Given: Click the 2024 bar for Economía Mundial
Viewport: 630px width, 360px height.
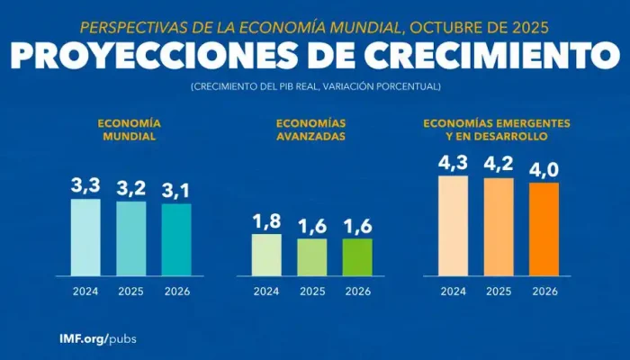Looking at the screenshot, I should tap(85, 237).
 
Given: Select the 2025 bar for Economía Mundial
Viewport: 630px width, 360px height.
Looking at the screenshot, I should tap(130, 238).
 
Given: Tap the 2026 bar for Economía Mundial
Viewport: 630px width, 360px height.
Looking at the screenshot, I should tap(176, 239).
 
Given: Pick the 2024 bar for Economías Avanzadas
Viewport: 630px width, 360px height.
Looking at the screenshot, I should tap(266, 255).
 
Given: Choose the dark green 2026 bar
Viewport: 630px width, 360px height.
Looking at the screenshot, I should tap(357, 256).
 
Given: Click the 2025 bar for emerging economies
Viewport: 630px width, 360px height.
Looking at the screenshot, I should tap(499, 226).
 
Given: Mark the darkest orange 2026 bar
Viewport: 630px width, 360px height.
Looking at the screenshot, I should tap(544, 229).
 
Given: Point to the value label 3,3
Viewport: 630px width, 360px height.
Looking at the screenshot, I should tap(85, 186).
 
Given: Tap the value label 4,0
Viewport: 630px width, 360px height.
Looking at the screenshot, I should tap(544, 169).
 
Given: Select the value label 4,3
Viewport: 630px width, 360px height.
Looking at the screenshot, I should tap(453, 164).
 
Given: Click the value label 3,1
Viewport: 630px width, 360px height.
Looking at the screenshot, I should tap(176, 191).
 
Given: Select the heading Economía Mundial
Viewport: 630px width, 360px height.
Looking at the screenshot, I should tap(130, 129).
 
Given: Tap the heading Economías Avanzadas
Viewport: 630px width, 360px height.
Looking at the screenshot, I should tap(311, 129).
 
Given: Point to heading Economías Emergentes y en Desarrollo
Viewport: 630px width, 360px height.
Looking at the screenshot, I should tap(498, 129).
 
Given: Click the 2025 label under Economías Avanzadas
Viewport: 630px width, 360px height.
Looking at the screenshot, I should tap(312, 291).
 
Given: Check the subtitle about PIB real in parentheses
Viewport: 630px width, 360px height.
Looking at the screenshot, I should tap(315, 85).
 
